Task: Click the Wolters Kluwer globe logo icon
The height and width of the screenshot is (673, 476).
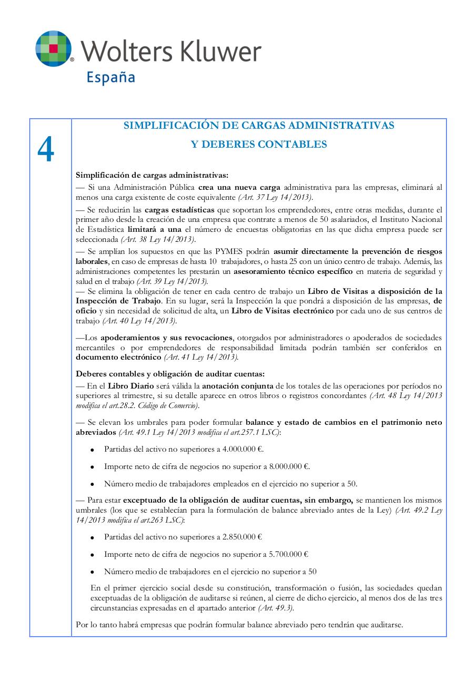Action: point(54,48)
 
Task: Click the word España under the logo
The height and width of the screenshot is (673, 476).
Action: point(110,77)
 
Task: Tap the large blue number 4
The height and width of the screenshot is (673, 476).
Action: point(46,151)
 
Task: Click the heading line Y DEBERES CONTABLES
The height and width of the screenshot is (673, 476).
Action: point(258,145)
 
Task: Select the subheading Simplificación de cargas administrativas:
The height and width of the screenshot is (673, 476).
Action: point(152,175)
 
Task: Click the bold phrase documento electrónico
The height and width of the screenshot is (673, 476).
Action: point(118,357)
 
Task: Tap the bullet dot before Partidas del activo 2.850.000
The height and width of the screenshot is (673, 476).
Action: point(93,538)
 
